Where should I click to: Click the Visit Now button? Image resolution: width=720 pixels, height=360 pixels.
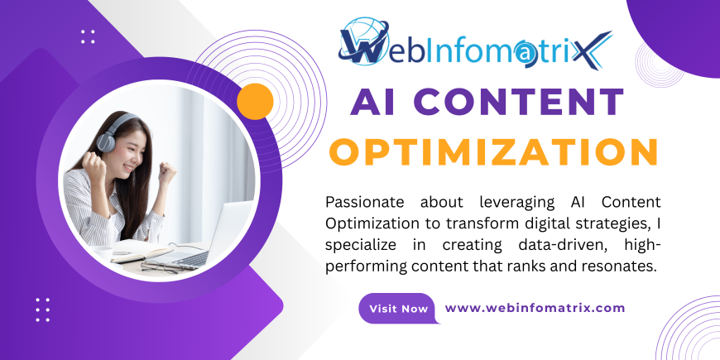pos(398,309)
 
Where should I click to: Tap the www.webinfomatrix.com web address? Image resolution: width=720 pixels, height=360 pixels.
pos(535,308)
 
